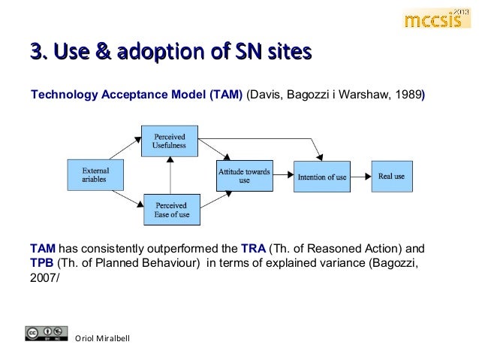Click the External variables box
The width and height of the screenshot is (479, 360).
[x=95, y=176]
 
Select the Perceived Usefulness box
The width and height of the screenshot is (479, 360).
[x=170, y=141]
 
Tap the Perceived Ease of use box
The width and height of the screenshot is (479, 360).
[x=171, y=210]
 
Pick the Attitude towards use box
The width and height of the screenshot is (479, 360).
[x=244, y=176]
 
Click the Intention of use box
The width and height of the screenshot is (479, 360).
[x=321, y=177]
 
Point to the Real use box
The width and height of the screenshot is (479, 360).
[x=392, y=177]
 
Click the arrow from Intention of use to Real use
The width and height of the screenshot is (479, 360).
[x=361, y=177]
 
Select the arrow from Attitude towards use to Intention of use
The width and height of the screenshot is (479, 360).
[x=282, y=177]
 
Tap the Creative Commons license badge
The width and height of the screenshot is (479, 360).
[x=43, y=333]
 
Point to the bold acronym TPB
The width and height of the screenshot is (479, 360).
[x=42, y=262]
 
